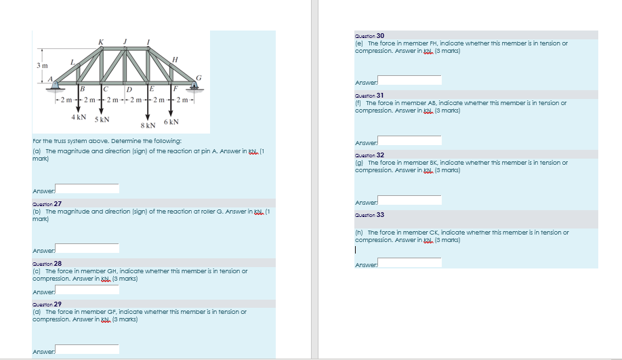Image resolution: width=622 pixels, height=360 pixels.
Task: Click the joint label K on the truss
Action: point(102,43)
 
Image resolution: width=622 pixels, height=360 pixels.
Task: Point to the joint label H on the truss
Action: point(175,59)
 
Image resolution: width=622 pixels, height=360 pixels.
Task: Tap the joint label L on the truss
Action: point(75,62)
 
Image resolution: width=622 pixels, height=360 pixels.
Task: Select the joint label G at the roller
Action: point(199,78)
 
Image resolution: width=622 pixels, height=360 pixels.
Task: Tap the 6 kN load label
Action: point(170,122)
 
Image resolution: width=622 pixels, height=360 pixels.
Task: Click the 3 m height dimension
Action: point(41,65)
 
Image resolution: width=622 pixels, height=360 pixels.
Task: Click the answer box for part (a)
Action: point(87,188)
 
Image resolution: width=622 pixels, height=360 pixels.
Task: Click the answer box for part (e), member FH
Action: point(409,81)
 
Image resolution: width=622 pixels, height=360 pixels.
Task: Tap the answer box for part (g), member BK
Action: point(409,200)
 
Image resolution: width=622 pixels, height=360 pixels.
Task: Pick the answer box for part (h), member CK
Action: point(409,262)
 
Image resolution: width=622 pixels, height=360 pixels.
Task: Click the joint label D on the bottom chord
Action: point(128,89)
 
